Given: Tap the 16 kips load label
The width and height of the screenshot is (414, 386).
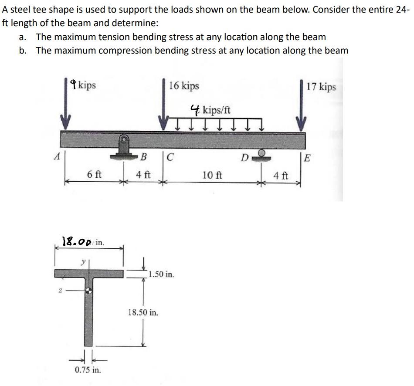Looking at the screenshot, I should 184,85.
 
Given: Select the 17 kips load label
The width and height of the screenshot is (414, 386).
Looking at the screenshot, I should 321,86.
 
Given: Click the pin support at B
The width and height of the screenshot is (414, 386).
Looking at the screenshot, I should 123,145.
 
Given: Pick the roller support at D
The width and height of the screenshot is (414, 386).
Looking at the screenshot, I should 261,155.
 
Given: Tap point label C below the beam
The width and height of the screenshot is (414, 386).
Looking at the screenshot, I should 170,157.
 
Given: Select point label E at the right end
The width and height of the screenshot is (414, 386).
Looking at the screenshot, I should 307,157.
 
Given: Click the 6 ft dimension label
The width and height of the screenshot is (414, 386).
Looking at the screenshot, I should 94,175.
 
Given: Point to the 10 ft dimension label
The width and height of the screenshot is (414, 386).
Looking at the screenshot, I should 212,176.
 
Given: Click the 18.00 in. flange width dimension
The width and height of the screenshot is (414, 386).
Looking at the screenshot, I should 83,241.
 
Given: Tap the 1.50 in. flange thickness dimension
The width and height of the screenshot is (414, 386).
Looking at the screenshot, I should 161,274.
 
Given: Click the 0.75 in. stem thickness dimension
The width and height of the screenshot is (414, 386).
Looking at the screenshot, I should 88,370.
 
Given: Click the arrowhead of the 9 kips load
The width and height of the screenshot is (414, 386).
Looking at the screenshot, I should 65,121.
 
